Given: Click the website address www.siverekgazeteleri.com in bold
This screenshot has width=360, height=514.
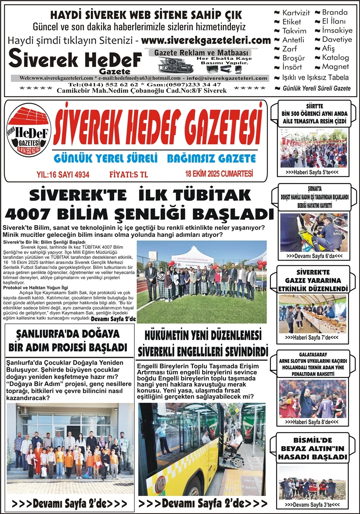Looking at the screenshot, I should tap(206, 40).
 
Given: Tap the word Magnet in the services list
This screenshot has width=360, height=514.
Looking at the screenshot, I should tap(336, 67).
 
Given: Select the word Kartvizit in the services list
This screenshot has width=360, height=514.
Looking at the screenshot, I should tap(296, 13).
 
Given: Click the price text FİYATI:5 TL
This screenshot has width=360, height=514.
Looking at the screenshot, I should tap(128, 175).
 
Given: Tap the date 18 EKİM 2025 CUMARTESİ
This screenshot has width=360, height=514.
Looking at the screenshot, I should tap(219, 174).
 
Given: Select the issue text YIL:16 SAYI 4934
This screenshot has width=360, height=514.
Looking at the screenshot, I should tap(63, 175).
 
